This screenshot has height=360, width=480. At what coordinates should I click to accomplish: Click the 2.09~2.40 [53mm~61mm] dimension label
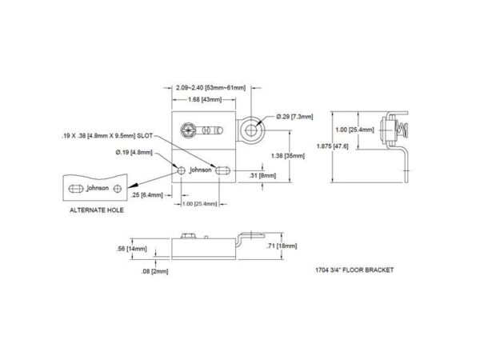point(210,88)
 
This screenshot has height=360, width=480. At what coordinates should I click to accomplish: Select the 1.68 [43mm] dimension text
point(205,99)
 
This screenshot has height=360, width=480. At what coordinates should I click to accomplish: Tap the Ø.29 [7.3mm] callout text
point(294,117)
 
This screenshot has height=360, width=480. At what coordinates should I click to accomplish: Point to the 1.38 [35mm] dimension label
point(288,156)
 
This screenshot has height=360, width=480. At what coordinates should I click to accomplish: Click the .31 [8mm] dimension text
point(262,175)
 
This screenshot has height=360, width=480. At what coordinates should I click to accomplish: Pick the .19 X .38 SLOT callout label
point(107,136)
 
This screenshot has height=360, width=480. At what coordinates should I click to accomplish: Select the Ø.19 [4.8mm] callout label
point(134,152)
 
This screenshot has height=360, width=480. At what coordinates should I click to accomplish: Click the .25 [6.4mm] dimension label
point(147,195)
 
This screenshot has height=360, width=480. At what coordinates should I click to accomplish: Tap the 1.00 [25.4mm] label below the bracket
point(199,204)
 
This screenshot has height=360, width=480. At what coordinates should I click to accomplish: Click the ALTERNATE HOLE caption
point(97,210)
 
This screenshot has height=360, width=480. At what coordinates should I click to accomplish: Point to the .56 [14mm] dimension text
point(132,249)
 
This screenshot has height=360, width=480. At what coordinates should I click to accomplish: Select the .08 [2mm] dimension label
point(154,271)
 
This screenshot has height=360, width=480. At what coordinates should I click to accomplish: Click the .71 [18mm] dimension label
point(282,246)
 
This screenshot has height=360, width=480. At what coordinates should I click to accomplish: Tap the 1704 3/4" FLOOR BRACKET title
point(354,270)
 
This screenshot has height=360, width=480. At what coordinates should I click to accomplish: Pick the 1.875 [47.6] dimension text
point(333,146)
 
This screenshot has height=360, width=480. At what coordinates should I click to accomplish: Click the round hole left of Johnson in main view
point(182,170)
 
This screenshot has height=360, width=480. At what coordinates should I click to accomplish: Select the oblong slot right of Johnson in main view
point(222,170)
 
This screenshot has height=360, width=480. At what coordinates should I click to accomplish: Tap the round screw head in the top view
point(187,130)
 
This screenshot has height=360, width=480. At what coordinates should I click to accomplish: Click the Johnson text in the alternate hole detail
point(98,188)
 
